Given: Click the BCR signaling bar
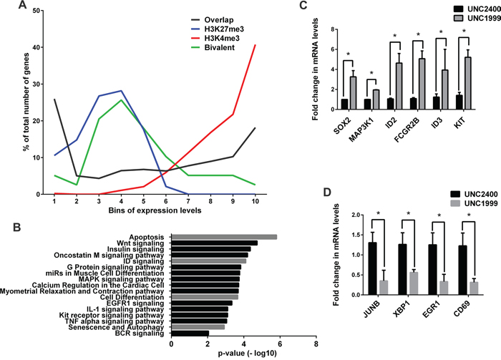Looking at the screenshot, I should coord(190,334).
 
